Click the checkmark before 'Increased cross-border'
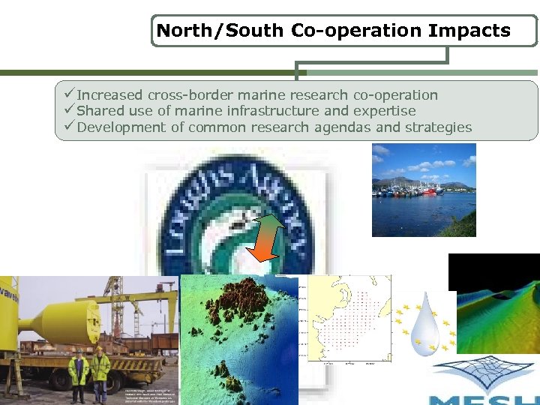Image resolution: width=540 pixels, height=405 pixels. [x=69, y=95]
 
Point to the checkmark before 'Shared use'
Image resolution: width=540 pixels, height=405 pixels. [x=69, y=111]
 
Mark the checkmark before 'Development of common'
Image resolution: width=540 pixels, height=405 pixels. [x=69, y=127]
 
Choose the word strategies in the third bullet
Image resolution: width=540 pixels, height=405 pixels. [x=438, y=127]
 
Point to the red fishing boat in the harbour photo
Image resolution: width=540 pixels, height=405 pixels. [x=430, y=190]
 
